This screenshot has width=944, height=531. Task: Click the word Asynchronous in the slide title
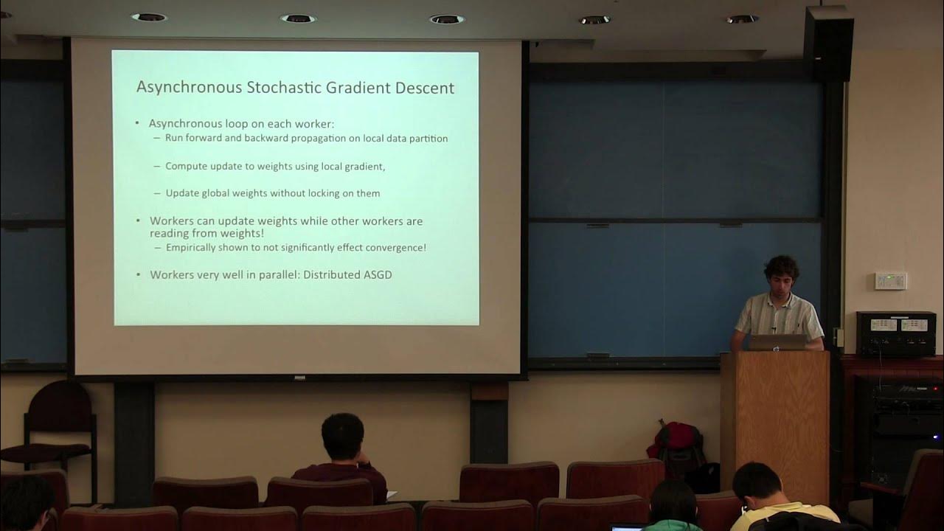click(189, 88)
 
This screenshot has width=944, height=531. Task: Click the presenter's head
click(781, 273)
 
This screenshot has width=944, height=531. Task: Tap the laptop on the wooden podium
click(778, 341)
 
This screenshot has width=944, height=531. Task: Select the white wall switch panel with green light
click(890, 281)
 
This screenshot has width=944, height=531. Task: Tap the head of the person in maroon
click(344, 436)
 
